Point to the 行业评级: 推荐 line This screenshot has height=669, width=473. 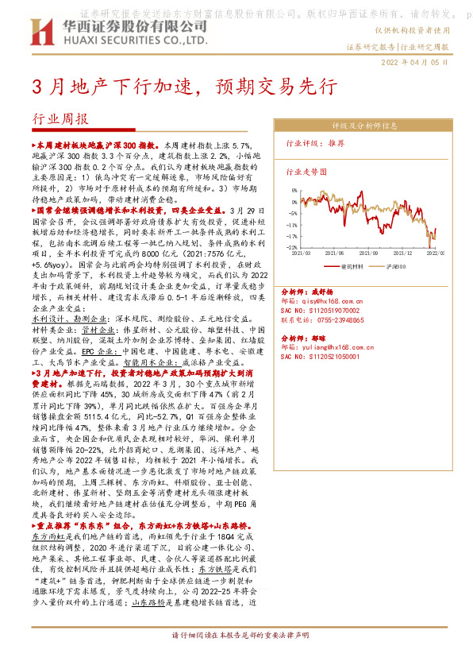coord(315,144)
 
